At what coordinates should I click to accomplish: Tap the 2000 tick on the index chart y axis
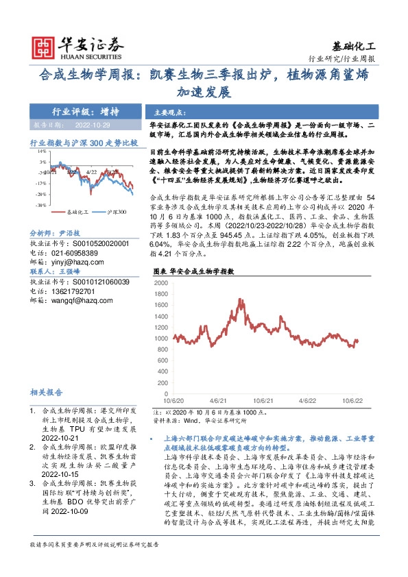[162, 282]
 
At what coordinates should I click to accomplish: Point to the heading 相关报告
[47, 393]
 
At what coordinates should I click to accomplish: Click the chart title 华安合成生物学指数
[205, 271]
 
